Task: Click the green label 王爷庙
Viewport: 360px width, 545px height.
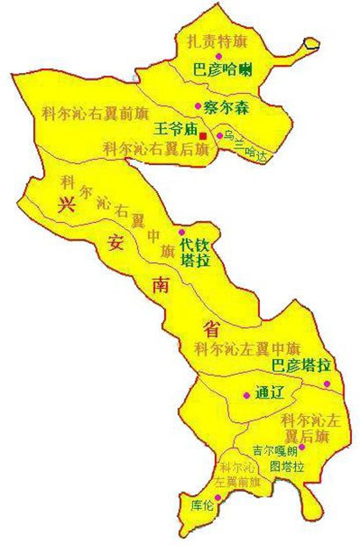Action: coord(175,129)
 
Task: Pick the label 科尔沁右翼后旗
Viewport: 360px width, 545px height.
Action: coord(155,149)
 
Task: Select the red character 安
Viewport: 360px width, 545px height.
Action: coord(115,246)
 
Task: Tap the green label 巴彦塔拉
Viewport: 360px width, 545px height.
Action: coord(300,365)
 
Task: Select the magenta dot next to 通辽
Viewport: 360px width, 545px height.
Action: coord(246,394)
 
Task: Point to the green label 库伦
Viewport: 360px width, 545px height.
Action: coord(203,506)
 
